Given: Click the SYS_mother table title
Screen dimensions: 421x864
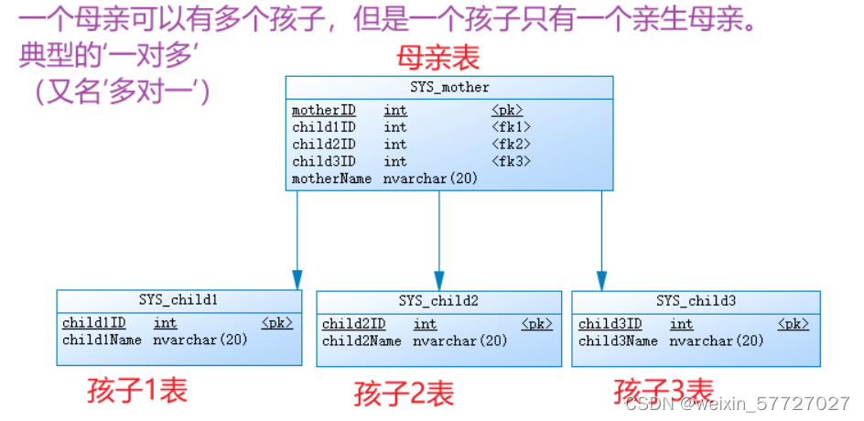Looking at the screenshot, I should point(449,88).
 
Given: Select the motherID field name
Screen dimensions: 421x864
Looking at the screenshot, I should point(323,111).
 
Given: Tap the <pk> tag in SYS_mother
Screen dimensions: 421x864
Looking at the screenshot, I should point(507,111).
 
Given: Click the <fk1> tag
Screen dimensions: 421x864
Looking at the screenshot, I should point(511,127).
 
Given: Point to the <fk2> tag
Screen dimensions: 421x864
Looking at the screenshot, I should point(511,145).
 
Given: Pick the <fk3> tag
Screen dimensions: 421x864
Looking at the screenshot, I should point(511,162).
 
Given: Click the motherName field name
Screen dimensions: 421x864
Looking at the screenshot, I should point(331,179).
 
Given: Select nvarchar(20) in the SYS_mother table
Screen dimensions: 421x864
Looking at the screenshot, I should point(430,179).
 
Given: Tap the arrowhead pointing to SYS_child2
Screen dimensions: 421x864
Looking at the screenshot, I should point(439,280).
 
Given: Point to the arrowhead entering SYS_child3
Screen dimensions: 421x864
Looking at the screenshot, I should point(601,280).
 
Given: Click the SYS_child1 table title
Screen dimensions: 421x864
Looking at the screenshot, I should point(178,300).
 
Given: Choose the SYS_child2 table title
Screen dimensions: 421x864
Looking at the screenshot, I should point(438,301).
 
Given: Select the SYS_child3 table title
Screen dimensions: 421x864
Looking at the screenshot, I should point(696,301).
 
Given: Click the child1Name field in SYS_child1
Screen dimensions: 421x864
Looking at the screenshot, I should point(102,340).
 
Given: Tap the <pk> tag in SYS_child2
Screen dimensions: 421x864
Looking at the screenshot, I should point(537,324).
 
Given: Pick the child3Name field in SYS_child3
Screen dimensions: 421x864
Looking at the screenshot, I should point(618,341).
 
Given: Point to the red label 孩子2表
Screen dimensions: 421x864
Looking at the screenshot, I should point(404,394).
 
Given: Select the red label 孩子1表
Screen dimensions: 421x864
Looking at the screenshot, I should point(137,391).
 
